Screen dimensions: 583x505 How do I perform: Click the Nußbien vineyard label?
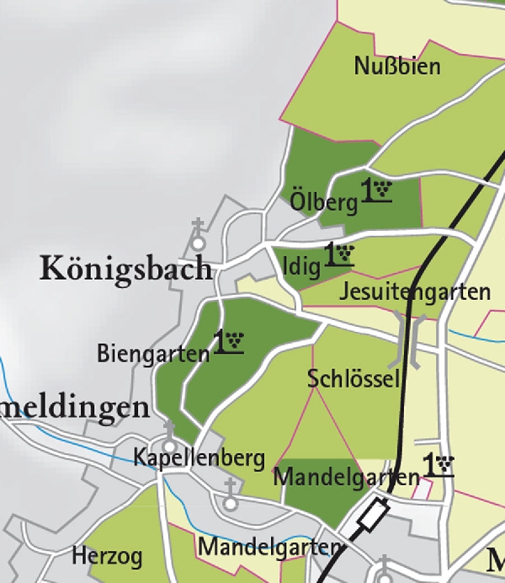click(x=397, y=66)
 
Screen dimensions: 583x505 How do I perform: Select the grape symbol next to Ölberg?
click(x=378, y=191)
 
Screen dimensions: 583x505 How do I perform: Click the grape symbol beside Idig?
click(x=339, y=255)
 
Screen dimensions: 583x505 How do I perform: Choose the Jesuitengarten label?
click(x=415, y=292)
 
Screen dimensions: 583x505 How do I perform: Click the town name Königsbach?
click(x=126, y=269)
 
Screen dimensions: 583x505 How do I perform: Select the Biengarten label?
click(x=152, y=352)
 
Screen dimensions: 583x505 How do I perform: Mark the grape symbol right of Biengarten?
click(x=229, y=342)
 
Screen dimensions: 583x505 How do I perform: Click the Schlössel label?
click(x=353, y=378)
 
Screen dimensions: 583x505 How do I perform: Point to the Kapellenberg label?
click(x=199, y=458)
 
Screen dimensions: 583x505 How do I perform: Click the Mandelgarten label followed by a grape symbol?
click(x=347, y=477)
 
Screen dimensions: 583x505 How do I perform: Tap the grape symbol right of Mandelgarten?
click(x=439, y=465)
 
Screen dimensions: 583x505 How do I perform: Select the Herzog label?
click(x=107, y=556)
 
